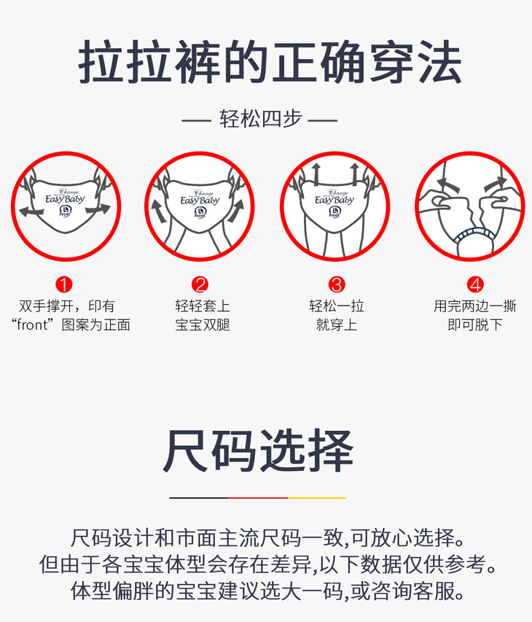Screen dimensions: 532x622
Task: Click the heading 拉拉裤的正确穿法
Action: (x=270, y=62)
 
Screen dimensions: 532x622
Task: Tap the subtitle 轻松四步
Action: (x=260, y=119)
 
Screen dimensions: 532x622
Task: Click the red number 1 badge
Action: (x=64, y=284)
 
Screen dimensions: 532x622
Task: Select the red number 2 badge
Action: (x=200, y=284)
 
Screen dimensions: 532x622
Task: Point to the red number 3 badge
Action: (x=337, y=284)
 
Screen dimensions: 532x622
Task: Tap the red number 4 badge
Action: (x=475, y=284)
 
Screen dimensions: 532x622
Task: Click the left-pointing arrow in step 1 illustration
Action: (x=31, y=211)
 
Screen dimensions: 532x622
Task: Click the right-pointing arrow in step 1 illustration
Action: (x=98, y=209)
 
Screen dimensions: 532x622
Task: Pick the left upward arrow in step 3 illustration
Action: (x=316, y=173)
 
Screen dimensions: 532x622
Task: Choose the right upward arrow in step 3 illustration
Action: (x=354, y=173)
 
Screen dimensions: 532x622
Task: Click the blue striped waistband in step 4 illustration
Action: (x=474, y=234)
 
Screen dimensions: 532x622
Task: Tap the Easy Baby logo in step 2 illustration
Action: (x=200, y=198)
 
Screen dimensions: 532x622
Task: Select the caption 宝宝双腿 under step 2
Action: (x=203, y=325)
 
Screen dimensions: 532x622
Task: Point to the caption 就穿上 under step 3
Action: (x=337, y=325)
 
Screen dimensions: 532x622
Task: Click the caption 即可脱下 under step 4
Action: (x=475, y=325)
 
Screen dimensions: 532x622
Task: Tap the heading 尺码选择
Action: (x=258, y=451)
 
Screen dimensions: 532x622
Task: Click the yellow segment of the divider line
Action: (x=317, y=497)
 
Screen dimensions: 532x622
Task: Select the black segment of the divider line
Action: (x=199, y=497)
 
